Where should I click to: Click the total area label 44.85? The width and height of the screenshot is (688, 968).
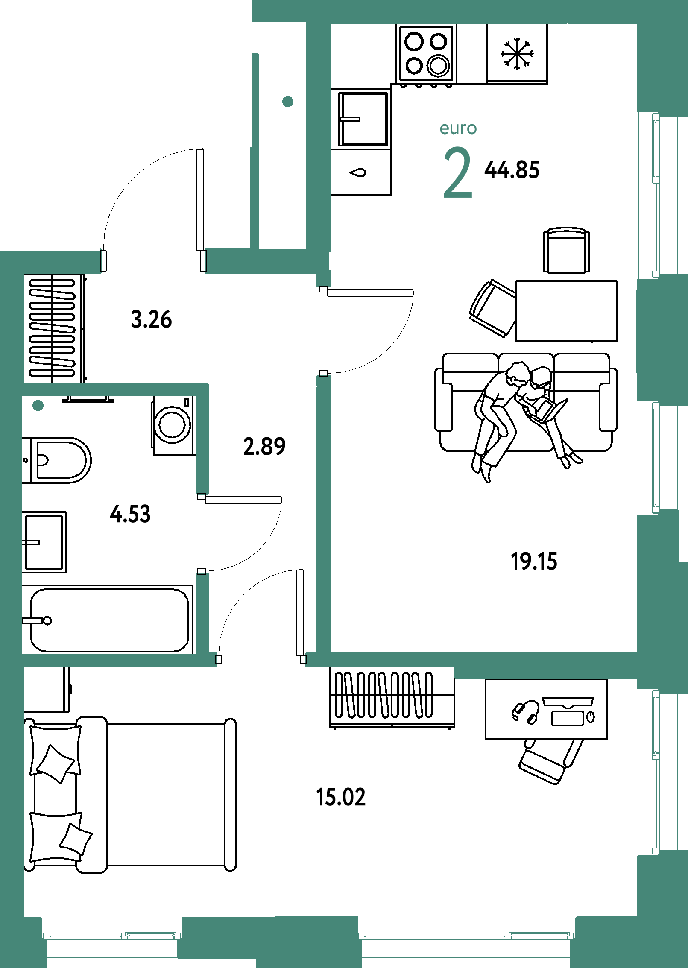pos(512,170)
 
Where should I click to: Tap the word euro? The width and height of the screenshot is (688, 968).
pos(458,128)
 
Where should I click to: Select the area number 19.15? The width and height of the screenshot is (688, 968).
pos(534,561)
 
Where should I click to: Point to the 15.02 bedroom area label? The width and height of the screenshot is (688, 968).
pos(341,797)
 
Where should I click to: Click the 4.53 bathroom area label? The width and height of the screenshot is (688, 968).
pos(130,514)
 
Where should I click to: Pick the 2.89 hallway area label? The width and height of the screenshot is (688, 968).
pos(264,447)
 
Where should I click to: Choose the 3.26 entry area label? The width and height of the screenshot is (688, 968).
pos(151,319)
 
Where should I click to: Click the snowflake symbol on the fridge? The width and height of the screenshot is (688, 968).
pos(517,54)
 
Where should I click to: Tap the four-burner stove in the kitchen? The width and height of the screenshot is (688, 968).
pos(426,54)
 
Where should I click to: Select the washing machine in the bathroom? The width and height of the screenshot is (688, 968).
pos(173,425)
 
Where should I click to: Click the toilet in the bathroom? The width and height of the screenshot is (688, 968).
pos(56,460)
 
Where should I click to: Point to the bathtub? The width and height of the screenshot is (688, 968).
pos(108,620)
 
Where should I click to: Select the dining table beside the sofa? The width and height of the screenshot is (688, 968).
pos(566,311)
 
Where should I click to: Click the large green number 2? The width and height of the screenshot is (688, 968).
pos(458,173)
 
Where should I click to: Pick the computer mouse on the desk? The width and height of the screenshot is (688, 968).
pos(591,716)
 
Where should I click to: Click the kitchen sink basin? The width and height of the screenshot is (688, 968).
pos(363,119)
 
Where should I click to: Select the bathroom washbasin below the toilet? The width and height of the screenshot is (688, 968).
pos(44,542)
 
